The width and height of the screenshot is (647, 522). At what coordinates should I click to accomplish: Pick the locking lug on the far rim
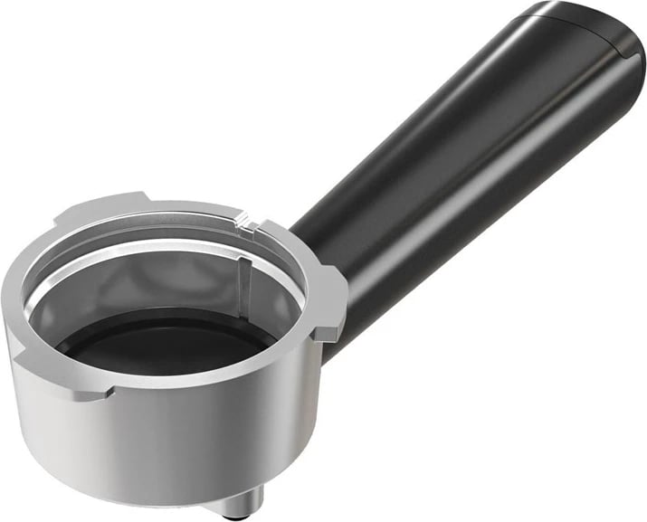[100, 210]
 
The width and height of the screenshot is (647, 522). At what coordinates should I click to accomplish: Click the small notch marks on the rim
[243, 218]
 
